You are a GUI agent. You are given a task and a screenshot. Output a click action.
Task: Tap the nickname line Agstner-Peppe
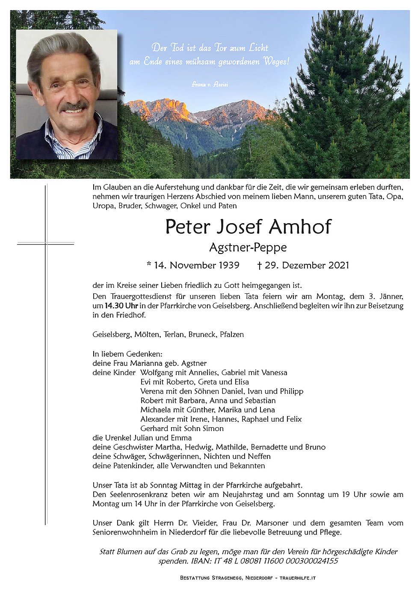pyautogui.click(x=248, y=247)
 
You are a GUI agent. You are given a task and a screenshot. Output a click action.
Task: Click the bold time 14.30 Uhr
pyautogui.click(x=121, y=306)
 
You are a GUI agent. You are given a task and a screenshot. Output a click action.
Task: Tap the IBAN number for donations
pyautogui.click(x=265, y=561)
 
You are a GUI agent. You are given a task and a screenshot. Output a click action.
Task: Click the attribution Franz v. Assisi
pyautogui.click(x=210, y=85)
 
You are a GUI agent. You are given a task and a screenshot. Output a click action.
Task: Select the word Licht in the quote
pyautogui.click(x=259, y=47)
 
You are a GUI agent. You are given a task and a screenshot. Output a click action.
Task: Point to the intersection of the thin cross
pyautogui.click(x=46, y=243)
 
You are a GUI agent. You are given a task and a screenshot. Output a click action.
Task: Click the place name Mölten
pyautogui.click(x=147, y=334)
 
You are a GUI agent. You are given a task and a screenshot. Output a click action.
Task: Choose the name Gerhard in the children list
pyautogui.click(x=154, y=429)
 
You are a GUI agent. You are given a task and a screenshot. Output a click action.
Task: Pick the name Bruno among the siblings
pyautogui.click(x=315, y=447)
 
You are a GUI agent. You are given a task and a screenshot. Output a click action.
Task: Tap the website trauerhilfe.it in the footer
pyautogui.click(x=298, y=578)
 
